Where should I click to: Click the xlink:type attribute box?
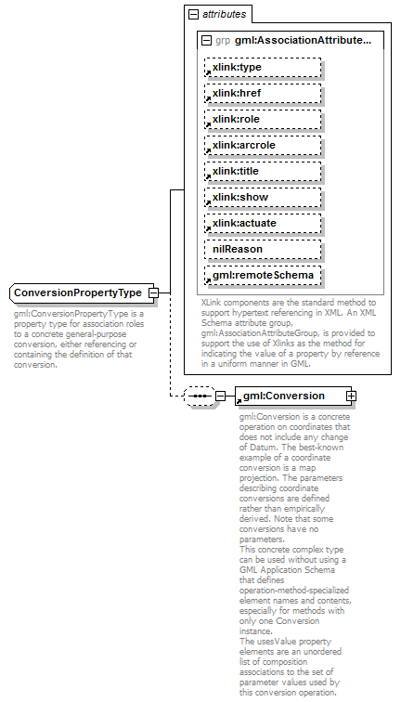[x=263, y=67]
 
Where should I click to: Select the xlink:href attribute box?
[x=263, y=93]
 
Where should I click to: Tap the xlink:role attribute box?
[x=263, y=119]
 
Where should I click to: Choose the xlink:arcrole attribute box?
[x=263, y=145]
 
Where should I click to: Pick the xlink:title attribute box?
[x=263, y=171]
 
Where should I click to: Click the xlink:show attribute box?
[x=263, y=197]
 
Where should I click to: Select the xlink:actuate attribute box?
[x=263, y=223]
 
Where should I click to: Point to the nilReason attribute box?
[x=263, y=249]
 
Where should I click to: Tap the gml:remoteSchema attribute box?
[x=263, y=275]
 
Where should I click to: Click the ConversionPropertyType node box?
[x=79, y=293]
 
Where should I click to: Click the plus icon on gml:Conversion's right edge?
[x=351, y=396]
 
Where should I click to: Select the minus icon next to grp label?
[x=206, y=41]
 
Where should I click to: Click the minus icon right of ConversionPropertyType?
[x=154, y=293]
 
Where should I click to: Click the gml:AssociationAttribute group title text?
[x=303, y=41]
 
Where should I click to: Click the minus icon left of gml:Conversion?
[x=220, y=396]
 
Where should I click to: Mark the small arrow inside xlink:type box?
[x=209, y=73]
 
